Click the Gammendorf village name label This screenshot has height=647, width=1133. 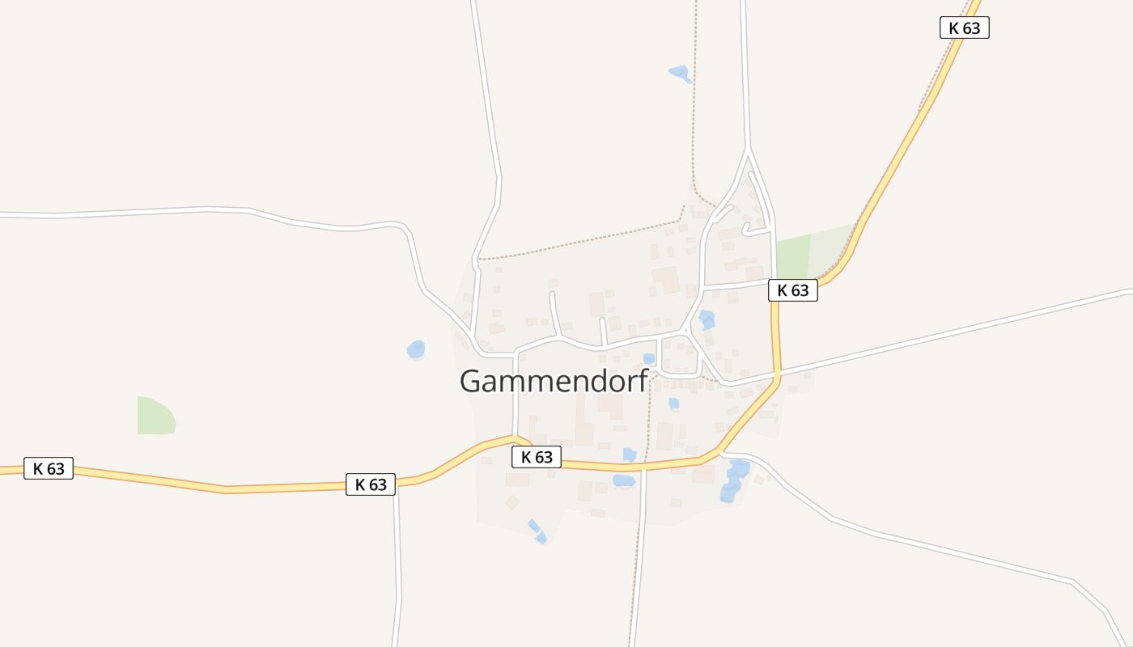(554, 381)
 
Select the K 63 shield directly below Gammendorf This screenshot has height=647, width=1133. (537, 457)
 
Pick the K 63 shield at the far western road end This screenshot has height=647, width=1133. (49, 468)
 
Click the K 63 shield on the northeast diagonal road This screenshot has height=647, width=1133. (964, 27)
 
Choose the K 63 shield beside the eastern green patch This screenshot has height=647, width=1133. (793, 290)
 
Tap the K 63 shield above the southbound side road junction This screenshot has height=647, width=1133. (371, 484)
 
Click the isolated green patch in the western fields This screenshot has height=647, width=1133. (156, 417)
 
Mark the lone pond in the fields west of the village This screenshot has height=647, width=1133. (416, 349)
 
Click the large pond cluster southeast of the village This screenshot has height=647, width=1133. (734, 480)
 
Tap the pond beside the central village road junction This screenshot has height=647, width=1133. (707, 319)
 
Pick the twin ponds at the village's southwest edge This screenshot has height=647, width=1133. (537, 531)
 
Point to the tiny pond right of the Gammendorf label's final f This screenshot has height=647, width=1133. (673, 403)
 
